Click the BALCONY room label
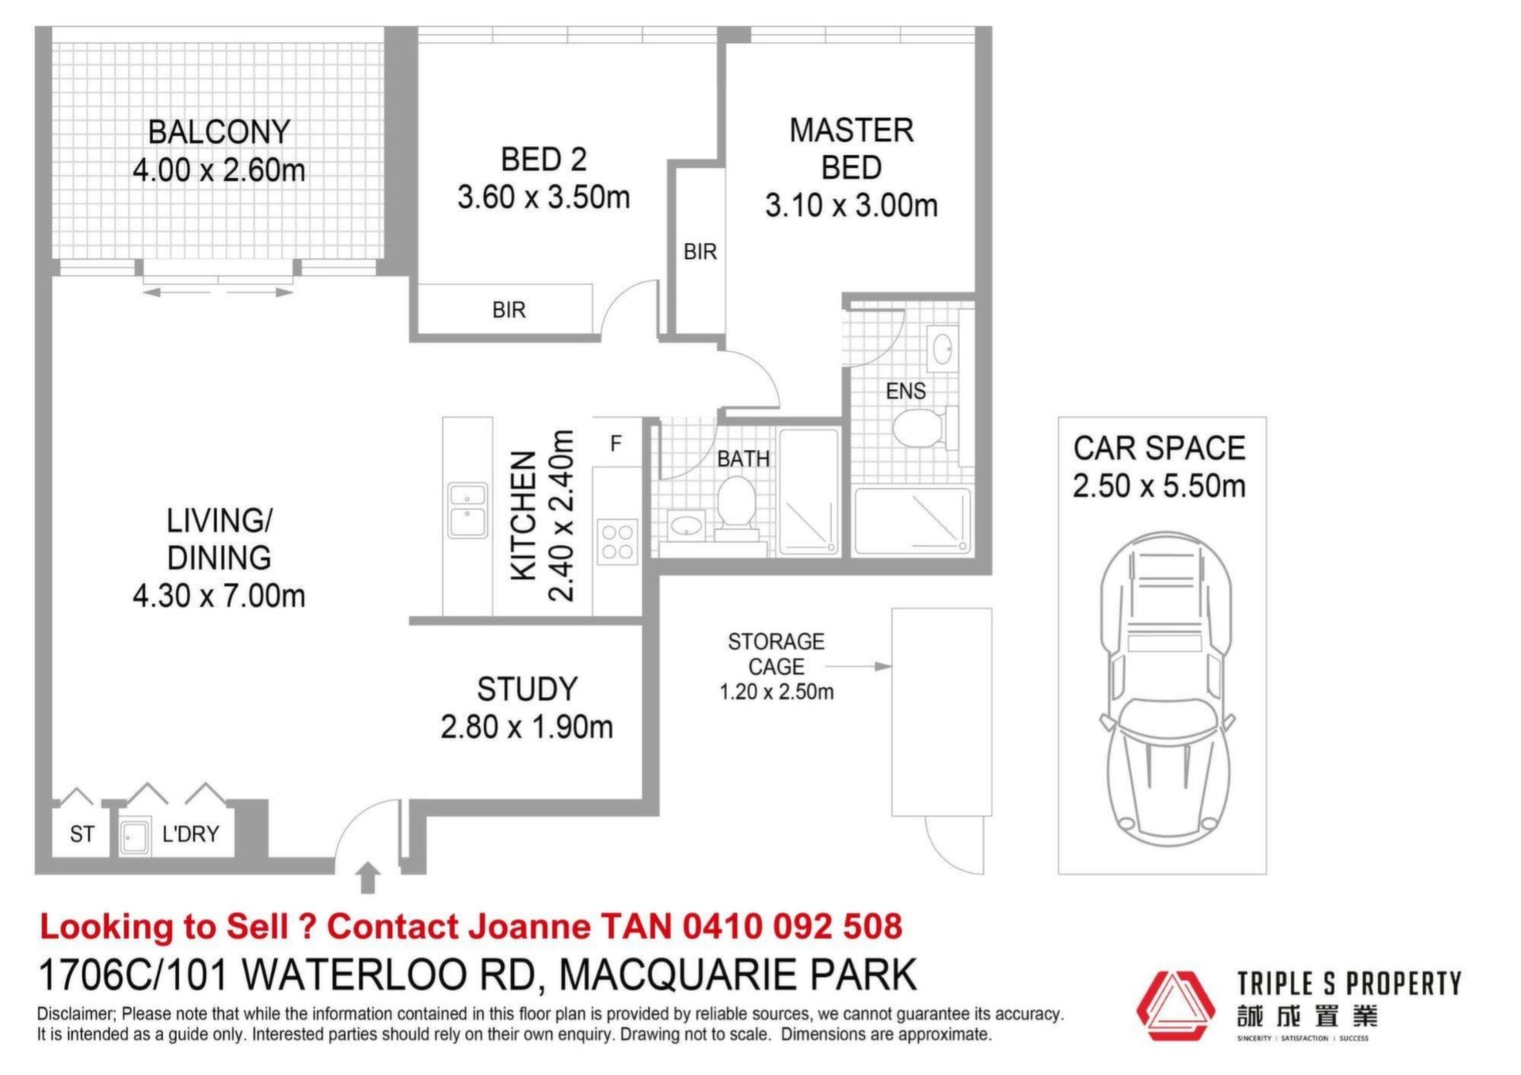click(219, 132)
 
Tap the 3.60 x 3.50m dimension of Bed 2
click(543, 197)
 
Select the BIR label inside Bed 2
click(509, 310)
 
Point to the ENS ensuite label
click(905, 391)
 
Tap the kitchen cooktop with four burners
click(617, 542)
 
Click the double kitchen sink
click(467, 510)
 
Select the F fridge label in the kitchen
click(616, 444)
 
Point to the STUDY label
click(528, 689)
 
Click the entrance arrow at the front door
click(368, 878)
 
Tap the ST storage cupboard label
click(82, 834)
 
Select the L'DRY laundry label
click(190, 834)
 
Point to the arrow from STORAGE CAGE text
click(858, 666)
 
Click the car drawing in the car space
click(1165, 689)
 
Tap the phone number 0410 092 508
click(792, 926)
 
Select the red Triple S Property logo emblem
click(1176, 1005)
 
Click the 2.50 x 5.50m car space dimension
click(1159, 486)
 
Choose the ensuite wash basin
click(942, 349)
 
